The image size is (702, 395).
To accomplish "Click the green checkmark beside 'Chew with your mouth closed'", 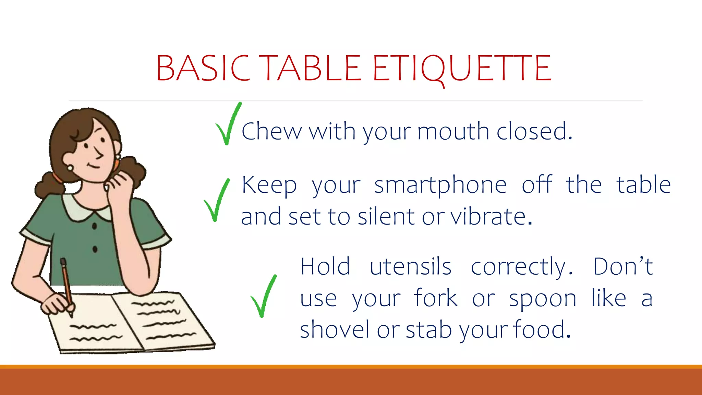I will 228,125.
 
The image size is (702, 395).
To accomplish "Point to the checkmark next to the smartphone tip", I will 217,201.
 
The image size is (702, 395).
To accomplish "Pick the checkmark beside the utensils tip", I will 263,297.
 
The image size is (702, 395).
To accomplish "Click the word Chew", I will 271,131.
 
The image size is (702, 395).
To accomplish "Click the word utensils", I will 410,267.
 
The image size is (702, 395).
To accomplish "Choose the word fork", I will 435,298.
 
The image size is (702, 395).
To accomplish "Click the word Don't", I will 623,266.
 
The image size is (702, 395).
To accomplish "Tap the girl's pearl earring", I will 70,168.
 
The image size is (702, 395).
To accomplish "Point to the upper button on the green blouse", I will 95,226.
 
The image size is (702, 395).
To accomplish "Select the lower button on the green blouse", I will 95,249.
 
